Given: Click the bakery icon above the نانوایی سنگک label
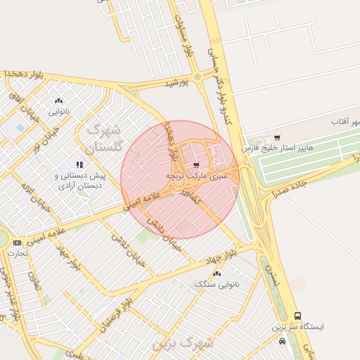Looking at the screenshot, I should pyautogui.click(x=216, y=274).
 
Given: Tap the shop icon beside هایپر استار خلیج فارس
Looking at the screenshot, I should pyautogui.click(x=278, y=137).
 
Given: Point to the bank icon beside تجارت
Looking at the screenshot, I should pyautogui.click(x=18, y=243).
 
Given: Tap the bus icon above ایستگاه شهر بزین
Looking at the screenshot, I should pyautogui.click(x=298, y=316).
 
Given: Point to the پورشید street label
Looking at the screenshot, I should pyautogui.click(x=176, y=83).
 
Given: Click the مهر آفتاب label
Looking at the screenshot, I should pyautogui.click(x=345, y=122).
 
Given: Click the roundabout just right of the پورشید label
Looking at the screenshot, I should pyautogui.click(x=197, y=76).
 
